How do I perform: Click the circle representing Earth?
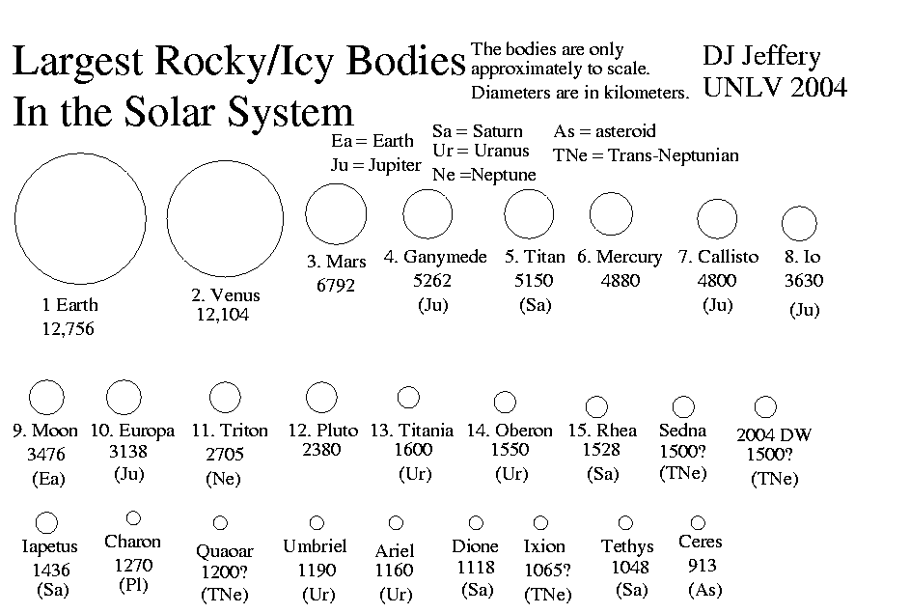point(15,219)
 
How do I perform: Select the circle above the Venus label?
point(168,219)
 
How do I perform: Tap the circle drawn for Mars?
point(307,213)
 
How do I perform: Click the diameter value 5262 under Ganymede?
point(432,280)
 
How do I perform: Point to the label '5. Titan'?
point(535,257)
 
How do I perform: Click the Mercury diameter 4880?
point(620,280)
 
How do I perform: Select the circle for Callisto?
point(698,219)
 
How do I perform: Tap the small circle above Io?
point(783,224)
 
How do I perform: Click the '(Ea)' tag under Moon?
point(49,478)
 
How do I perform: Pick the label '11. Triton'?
point(230,431)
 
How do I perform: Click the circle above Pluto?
point(307,397)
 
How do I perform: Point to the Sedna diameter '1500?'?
point(682,451)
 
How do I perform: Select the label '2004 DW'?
point(774,434)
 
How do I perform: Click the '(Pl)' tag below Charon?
point(133,585)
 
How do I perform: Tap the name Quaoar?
point(225,551)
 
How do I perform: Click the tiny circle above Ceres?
point(692,522)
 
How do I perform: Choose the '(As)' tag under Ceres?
point(705,590)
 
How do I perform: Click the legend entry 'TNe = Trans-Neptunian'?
point(646,155)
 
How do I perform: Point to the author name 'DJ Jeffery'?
point(761,57)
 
